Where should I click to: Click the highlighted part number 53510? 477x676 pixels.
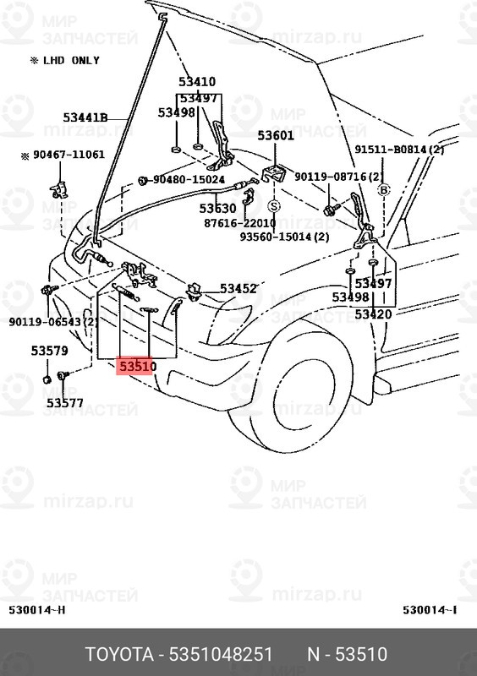[x=136, y=366]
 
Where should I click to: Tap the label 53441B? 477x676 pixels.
[x=85, y=117]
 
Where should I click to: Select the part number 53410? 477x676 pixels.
[x=196, y=82]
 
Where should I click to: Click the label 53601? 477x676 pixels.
[x=276, y=135]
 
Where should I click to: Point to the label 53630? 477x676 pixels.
[x=217, y=208]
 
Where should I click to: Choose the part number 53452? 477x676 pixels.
[x=238, y=289]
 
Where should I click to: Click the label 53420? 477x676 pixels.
[x=373, y=314]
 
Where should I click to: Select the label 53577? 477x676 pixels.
[x=64, y=403]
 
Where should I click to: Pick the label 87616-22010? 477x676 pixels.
[x=240, y=223]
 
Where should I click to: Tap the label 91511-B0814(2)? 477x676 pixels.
[x=399, y=150]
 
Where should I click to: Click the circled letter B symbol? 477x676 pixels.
[x=383, y=190]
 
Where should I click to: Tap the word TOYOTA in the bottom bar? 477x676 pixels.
[x=119, y=655]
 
